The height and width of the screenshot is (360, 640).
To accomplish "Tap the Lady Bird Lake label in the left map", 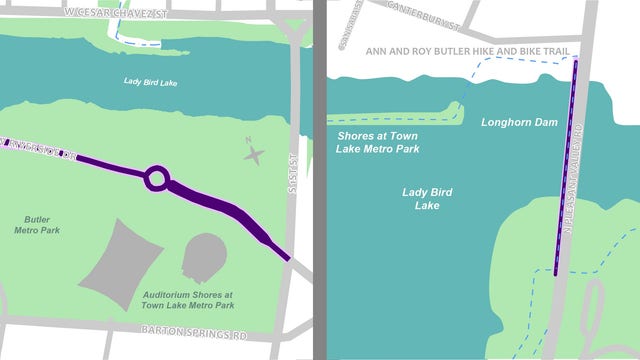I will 150,82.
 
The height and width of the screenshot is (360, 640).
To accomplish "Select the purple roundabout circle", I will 156,180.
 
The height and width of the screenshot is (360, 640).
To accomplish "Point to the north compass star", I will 255,154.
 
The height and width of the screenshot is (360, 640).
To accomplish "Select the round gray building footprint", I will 206,257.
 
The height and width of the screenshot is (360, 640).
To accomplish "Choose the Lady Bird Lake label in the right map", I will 428,198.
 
